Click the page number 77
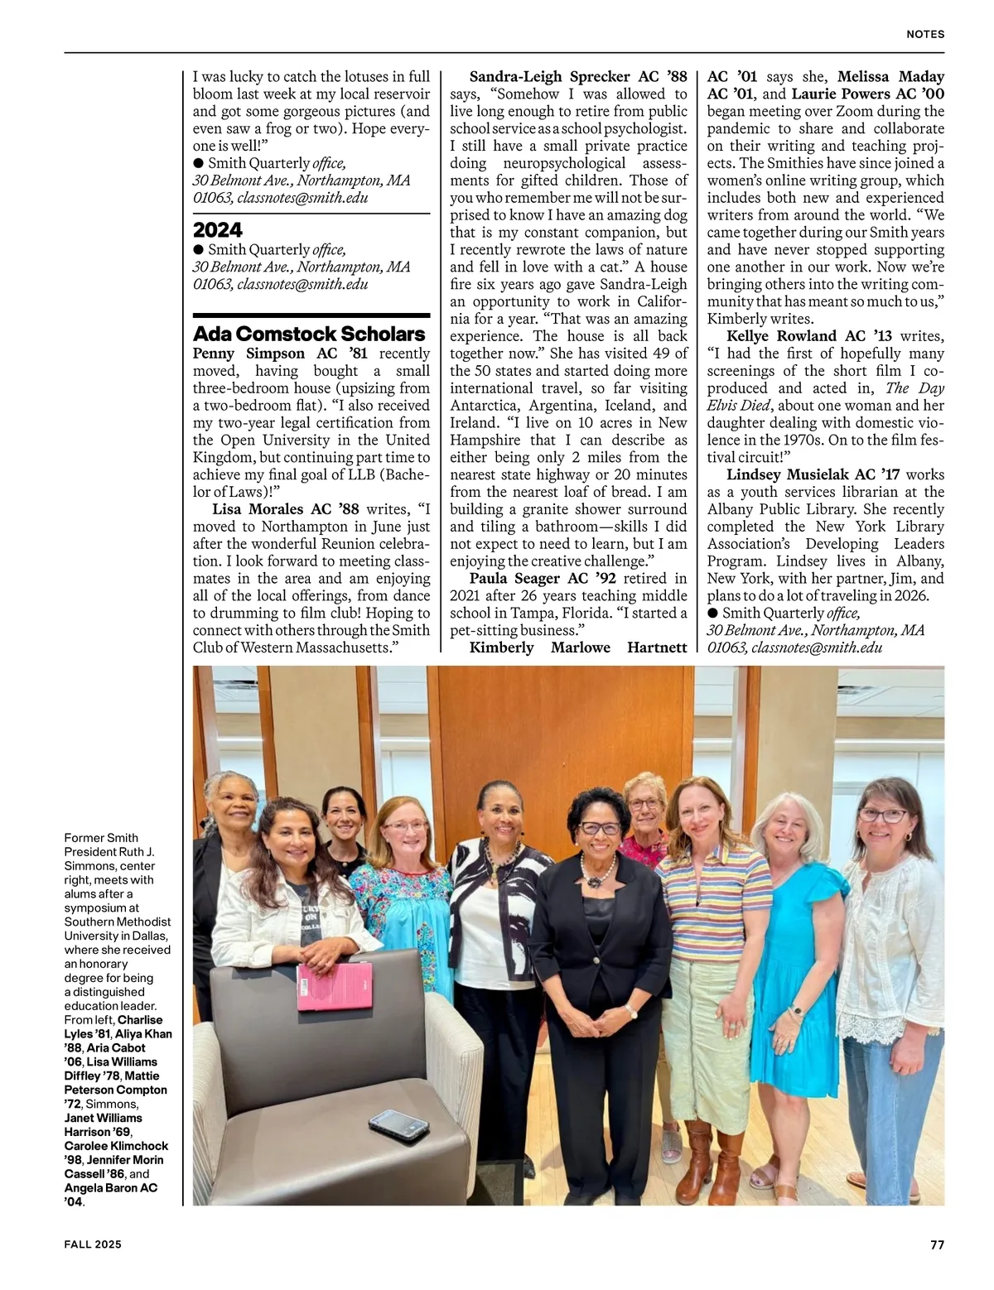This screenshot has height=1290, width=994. (x=937, y=1244)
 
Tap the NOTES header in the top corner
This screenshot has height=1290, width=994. (x=925, y=35)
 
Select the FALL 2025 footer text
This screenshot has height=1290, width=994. (x=93, y=1244)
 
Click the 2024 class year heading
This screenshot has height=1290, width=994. (x=218, y=229)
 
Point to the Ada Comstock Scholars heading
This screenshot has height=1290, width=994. (x=309, y=334)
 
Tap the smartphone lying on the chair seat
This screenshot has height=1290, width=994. (x=398, y=1123)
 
